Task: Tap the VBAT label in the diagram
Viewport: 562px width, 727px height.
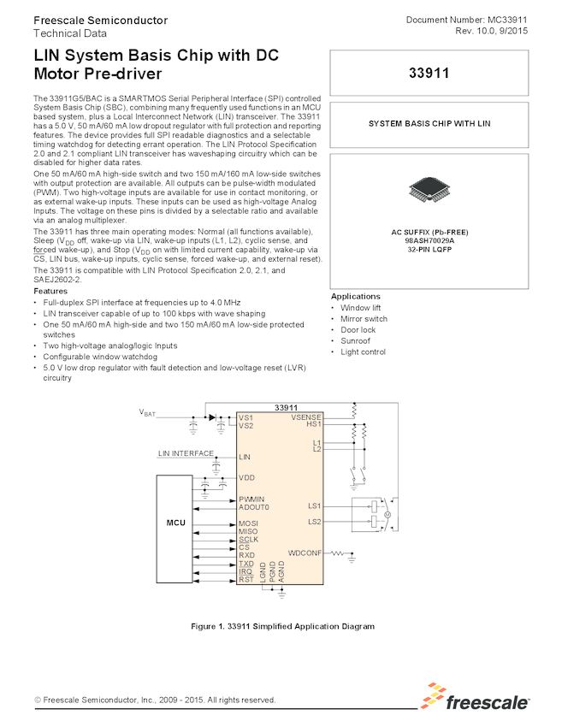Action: (147, 413)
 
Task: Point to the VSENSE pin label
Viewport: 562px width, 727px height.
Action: (305, 417)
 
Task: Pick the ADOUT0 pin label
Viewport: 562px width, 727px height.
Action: (253, 507)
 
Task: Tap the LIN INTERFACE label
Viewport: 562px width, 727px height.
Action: (186, 453)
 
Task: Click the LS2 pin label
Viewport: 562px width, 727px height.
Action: (314, 521)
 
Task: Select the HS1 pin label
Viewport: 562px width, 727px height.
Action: (313, 424)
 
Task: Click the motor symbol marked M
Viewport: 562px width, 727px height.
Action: (386, 514)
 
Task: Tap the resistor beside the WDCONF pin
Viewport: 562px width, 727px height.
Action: (340, 553)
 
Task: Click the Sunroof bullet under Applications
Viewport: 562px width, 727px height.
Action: (355, 340)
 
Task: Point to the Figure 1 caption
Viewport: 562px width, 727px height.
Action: (282, 626)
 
